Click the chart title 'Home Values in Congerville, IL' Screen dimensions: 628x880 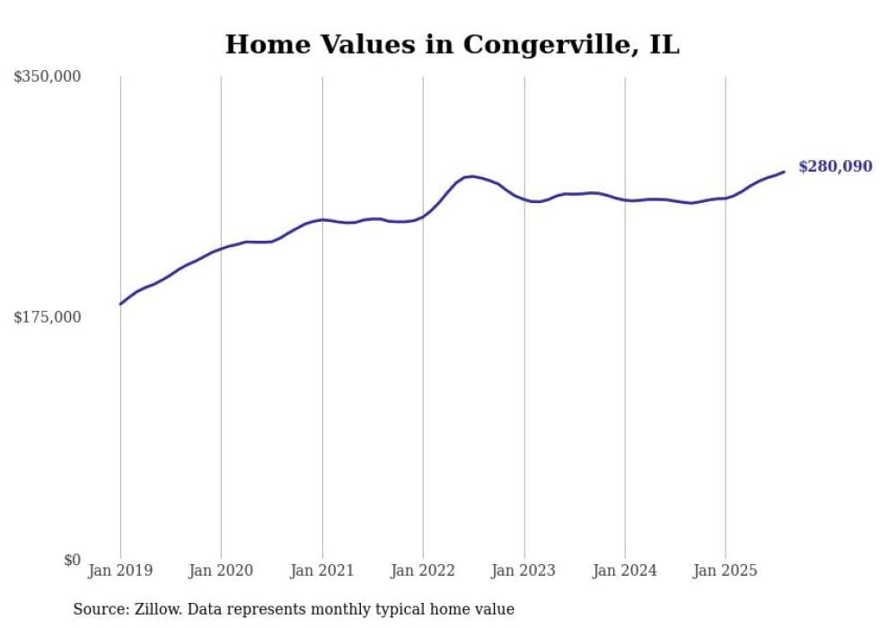coord(452,44)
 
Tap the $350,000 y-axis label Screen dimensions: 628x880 coord(47,77)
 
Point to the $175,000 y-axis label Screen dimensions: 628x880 coord(47,317)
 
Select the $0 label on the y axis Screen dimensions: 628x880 coord(72,560)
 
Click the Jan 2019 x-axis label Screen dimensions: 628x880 coord(120,571)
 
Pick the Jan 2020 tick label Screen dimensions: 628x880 coord(221,571)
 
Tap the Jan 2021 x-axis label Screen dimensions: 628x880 coord(322,571)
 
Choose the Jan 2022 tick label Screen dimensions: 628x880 coord(423,571)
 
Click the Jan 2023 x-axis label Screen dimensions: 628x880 coord(524,571)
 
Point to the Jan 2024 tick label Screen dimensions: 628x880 coord(625,571)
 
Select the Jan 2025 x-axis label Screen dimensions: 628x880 coord(726,571)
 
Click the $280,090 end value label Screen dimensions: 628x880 coord(835,166)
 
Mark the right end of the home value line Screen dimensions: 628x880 coord(784,172)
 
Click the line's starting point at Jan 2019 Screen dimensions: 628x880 coord(120,304)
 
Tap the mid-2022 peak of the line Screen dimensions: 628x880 coord(472,176)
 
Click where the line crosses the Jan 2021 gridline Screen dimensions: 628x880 coord(322,219)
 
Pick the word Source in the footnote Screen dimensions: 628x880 coord(98,609)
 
